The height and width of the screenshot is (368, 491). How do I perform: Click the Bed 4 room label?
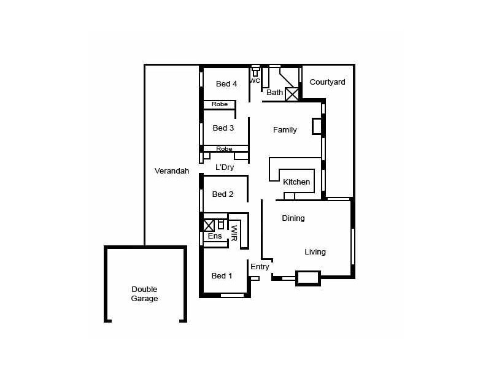tap(226, 84)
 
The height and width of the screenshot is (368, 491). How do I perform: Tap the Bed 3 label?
tap(223, 128)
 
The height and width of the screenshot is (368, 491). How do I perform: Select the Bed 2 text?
tap(223, 194)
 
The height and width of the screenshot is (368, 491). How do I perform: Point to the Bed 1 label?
tap(222, 276)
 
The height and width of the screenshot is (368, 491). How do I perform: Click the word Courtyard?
tap(327, 82)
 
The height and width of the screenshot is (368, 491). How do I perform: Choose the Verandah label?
tap(171, 171)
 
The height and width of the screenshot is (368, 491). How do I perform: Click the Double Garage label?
tap(144, 294)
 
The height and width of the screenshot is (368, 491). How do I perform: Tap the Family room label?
tap(285, 130)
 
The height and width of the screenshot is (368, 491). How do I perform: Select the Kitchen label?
tap(296, 182)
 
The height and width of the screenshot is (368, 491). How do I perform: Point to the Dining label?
tap(293, 218)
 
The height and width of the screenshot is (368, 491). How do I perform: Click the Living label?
tap(315, 252)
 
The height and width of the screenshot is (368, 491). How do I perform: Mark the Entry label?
tap(260, 267)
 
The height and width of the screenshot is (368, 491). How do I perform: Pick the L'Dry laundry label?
tap(224, 167)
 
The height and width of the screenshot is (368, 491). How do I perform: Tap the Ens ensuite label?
tap(215, 236)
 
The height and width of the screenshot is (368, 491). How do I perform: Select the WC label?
tap(255, 80)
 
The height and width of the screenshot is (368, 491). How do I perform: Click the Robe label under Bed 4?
tap(220, 104)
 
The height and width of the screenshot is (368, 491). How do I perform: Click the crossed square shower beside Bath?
tap(292, 94)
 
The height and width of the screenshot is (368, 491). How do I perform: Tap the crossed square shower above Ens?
tap(209, 225)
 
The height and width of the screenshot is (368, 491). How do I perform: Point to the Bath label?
tap(274, 93)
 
